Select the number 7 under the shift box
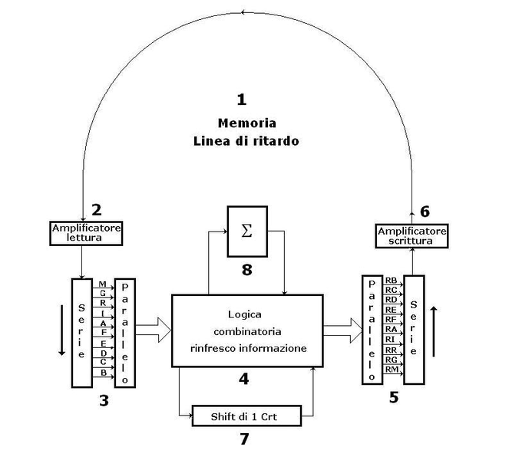(x=246, y=439)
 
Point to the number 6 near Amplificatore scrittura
(x=425, y=210)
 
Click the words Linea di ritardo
(x=246, y=141)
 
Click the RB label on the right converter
(x=391, y=281)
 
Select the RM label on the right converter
(x=391, y=370)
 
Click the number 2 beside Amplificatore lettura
(x=96, y=209)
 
